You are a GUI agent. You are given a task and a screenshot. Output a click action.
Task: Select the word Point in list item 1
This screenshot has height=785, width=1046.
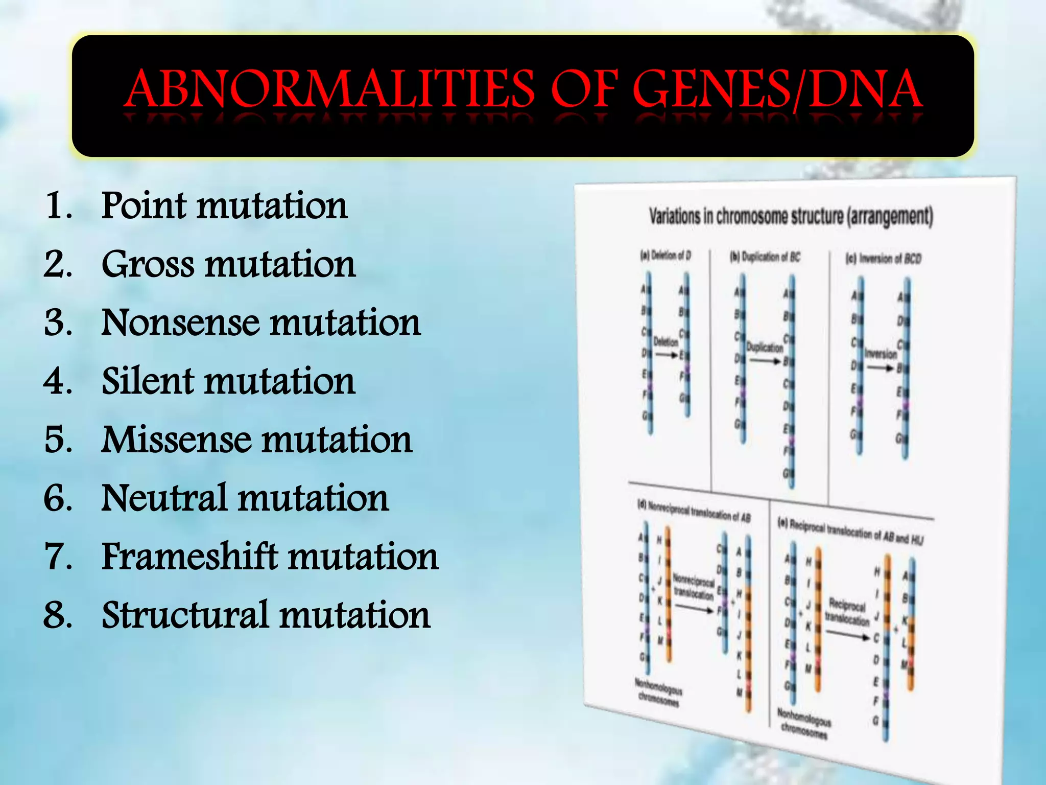tap(145, 205)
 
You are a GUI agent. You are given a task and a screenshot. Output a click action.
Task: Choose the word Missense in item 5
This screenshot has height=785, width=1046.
tap(177, 440)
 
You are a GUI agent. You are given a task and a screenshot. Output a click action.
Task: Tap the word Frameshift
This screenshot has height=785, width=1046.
tap(192, 557)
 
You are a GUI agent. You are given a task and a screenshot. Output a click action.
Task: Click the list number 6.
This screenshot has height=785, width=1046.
tap(57, 498)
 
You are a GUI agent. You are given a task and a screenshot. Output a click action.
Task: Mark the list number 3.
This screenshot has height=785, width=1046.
tap(57, 323)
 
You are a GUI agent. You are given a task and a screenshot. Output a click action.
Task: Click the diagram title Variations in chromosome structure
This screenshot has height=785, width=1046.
tap(791, 217)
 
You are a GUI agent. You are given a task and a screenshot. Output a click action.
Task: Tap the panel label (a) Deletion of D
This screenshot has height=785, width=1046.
tap(665, 255)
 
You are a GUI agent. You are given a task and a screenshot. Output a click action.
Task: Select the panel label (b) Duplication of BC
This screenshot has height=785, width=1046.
tap(765, 257)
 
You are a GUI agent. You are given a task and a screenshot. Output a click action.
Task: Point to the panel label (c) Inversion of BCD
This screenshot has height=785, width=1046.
tap(883, 259)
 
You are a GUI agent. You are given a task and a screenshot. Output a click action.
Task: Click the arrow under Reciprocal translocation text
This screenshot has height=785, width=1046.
tap(847, 635)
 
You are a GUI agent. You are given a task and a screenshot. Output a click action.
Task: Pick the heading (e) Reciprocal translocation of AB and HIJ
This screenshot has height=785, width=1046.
tap(850, 532)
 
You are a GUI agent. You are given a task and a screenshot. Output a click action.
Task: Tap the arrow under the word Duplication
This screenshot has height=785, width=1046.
tap(765, 361)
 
